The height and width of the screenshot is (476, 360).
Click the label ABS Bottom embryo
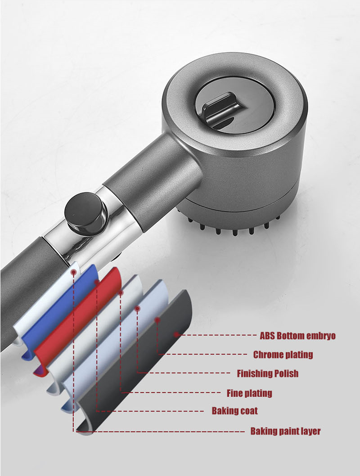pos(297,336)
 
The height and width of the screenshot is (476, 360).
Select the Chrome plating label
pos(283,355)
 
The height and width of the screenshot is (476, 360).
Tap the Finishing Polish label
pos(267,373)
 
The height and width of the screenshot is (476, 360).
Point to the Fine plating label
pos(249,393)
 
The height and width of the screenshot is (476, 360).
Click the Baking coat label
pos(234,411)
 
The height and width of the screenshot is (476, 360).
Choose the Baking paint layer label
pos(285,431)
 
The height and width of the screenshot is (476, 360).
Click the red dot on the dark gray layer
pos(177,335)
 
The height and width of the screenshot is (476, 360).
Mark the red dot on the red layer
pos(96,283)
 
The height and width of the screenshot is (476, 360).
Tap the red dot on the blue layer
pos(73,272)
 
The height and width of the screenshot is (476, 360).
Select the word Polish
pos(286,373)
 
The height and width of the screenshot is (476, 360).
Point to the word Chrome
pos(267,355)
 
